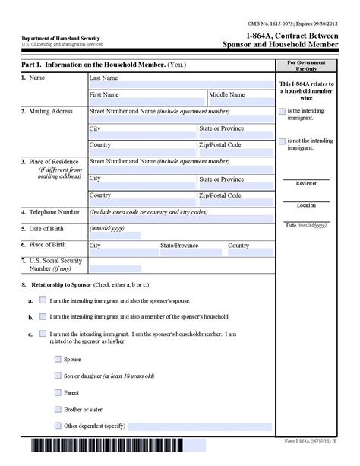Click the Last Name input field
[x=181, y=84]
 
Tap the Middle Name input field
[x=240, y=102]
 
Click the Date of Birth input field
[x=115, y=235]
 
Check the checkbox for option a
[x=43, y=300]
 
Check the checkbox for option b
[x=43, y=316]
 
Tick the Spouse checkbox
[x=58, y=359]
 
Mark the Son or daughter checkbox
[x=58, y=376]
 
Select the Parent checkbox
[x=58, y=392]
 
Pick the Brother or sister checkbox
[x=58, y=409]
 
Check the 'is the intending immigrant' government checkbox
[x=283, y=112]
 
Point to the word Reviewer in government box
[x=306, y=183]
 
